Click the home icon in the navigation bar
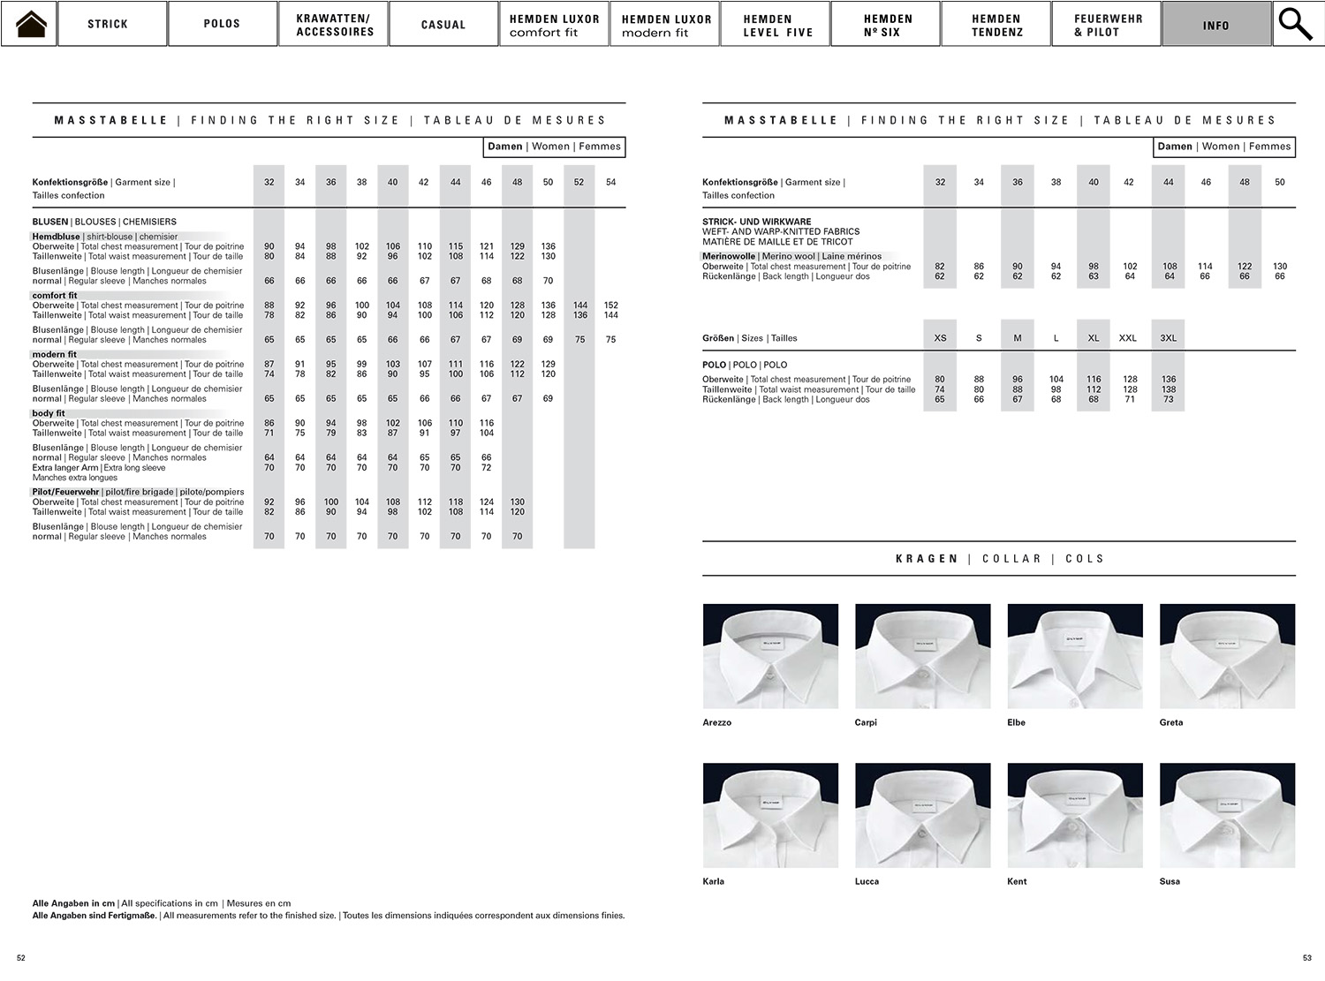pos(29,24)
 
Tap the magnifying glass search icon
pos(1296,24)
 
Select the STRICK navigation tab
pos(108,24)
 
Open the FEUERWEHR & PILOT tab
pos(1106,24)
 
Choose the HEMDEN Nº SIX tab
pos(886,24)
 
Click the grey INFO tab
pos(1215,24)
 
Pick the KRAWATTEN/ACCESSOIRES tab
pos(335,24)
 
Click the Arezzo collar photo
pos(770,656)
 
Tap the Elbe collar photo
pos(1075,656)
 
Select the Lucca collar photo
pos(923,815)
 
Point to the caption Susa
pos(1170,881)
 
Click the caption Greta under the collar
pos(1171,722)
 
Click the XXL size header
pos(1128,338)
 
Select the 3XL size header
pos(1168,338)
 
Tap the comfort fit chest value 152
pos(610,306)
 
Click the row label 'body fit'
pos(49,413)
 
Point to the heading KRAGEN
pos(927,559)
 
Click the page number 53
pos(1307,958)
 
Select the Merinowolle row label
pos(729,256)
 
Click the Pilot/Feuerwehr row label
pos(65,492)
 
